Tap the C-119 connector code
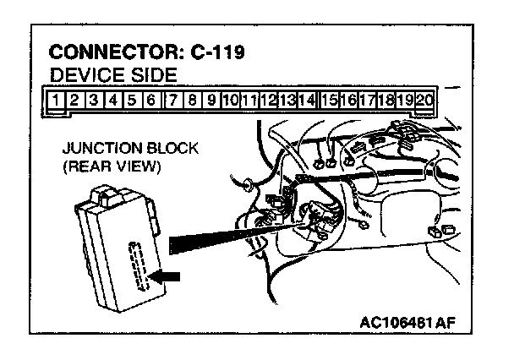click(x=216, y=53)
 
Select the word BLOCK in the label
click(x=168, y=149)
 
